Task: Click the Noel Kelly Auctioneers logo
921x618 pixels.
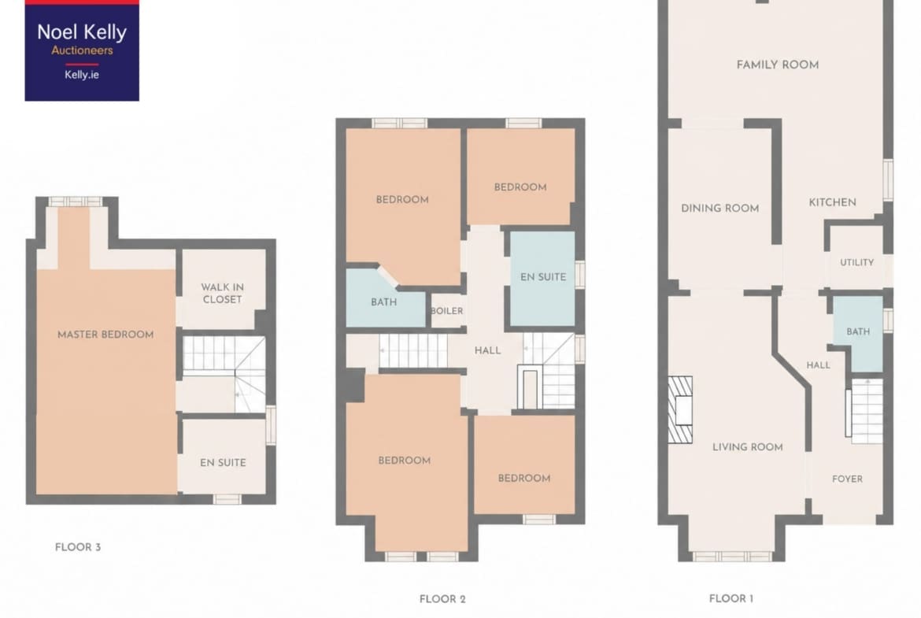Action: [82, 50]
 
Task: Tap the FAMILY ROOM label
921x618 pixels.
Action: [777, 65]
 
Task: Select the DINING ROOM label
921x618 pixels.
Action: [719, 208]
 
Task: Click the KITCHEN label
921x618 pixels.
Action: [832, 202]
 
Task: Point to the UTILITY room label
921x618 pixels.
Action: [856, 263]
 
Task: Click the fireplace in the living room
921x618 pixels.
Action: [680, 409]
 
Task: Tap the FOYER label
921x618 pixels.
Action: [847, 479]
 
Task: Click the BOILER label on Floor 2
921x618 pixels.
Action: [446, 311]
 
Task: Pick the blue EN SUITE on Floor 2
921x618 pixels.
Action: [542, 279]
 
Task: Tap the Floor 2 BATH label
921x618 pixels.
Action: [383, 302]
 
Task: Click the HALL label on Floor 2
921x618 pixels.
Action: [487, 350]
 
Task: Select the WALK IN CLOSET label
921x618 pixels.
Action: [222, 293]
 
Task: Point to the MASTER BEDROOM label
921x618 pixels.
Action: [105, 335]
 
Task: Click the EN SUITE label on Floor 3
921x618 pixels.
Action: [223, 463]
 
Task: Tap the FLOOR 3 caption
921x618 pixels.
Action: [77, 547]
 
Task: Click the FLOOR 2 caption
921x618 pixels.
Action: [442, 599]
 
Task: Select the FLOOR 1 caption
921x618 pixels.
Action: [731, 598]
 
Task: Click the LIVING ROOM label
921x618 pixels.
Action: [747, 447]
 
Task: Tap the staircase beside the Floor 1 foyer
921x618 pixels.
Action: [864, 409]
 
